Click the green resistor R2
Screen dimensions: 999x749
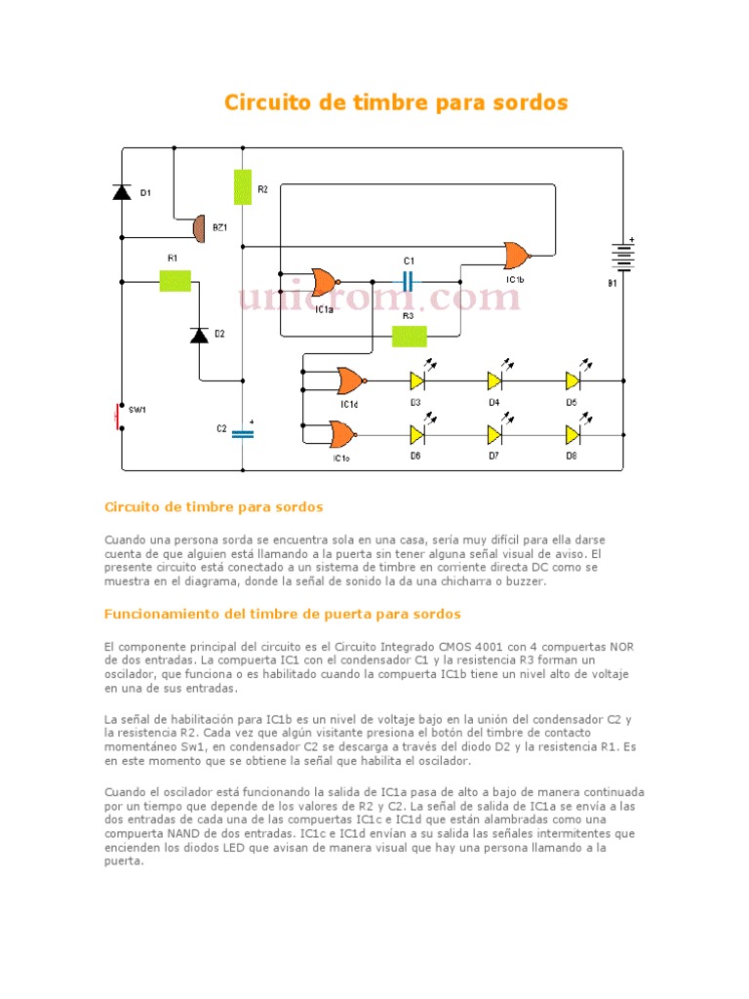click(243, 186)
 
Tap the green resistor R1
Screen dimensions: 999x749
click(175, 281)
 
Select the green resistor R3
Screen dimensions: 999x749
click(409, 337)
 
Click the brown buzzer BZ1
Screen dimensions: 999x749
click(198, 228)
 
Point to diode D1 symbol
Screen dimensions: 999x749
click(122, 192)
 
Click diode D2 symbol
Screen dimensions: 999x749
click(199, 335)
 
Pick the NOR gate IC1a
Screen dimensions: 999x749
click(324, 282)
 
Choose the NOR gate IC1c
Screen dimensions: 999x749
click(343, 433)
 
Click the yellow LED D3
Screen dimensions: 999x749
click(417, 380)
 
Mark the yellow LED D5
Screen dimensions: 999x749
click(573, 380)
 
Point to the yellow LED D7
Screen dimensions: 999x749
click(494, 433)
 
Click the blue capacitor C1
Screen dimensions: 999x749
click(409, 281)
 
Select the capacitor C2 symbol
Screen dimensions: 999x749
click(242, 434)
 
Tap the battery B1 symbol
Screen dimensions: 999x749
click(622, 258)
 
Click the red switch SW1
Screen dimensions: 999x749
click(119, 415)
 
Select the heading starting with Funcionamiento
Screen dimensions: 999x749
click(282, 614)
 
